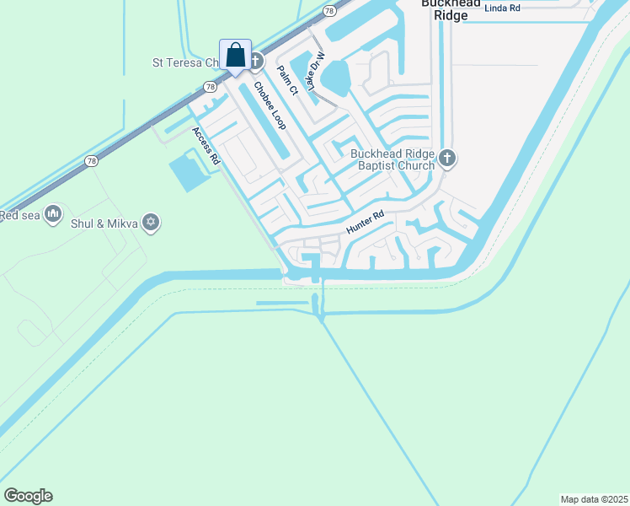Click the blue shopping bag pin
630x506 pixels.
pos(236,56)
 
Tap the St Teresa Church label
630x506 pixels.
pos(180,62)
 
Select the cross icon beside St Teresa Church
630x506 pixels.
pos(256,61)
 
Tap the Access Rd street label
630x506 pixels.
pos(206,145)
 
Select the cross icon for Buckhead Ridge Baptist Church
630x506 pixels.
pos(448,158)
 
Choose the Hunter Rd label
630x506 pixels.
pos(365,223)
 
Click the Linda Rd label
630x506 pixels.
pos(503,8)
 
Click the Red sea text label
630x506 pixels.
pos(20,215)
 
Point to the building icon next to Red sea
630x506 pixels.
pos(54,214)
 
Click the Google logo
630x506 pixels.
pos(28,496)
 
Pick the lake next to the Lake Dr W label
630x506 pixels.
pos(334,79)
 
